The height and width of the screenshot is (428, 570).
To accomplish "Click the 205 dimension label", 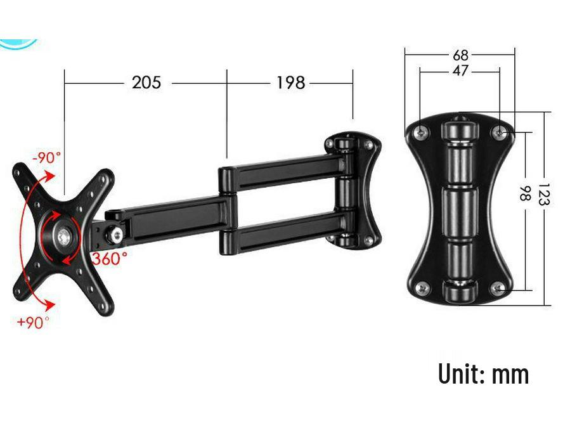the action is (x=146, y=82).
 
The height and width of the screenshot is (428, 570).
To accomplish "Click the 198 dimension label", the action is (x=291, y=82).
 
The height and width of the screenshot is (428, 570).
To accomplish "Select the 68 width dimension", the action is (x=460, y=55).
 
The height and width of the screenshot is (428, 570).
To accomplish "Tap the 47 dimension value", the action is (x=460, y=70).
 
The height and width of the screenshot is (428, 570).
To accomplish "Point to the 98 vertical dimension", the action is (x=525, y=193).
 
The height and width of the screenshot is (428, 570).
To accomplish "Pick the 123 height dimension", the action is (x=543, y=194).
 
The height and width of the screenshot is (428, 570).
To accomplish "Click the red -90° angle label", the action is (x=47, y=158).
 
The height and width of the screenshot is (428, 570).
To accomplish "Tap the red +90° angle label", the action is (x=33, y=322).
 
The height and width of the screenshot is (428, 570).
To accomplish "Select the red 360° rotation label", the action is (x=110, y=259).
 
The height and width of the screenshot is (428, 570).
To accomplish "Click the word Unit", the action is (x=459, y=373).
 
